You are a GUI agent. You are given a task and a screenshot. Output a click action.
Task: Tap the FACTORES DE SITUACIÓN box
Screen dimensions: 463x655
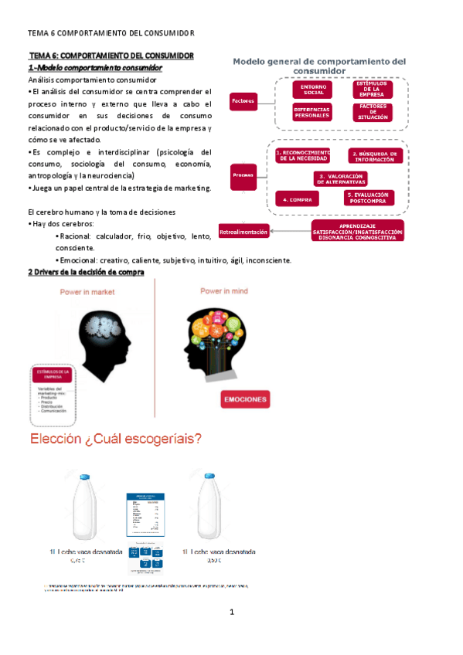[372, 113]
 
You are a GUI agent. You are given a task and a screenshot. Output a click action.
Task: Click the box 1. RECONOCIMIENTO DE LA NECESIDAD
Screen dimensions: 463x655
[302, 156]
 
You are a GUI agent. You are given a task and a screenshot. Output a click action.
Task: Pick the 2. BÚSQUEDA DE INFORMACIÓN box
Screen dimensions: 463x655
[375, 156]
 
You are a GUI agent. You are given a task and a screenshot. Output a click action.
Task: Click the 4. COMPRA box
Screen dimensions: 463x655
[296, 199]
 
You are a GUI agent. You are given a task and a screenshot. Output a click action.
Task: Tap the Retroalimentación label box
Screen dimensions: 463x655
[244, 232]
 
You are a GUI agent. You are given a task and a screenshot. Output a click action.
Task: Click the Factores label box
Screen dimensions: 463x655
[243, 101]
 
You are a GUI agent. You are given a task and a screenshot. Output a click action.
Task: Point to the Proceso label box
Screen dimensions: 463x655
[243, 176]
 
